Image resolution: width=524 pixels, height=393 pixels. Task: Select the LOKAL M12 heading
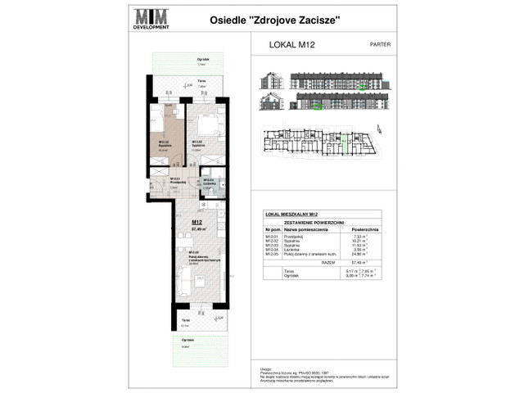click(x=291, y=47)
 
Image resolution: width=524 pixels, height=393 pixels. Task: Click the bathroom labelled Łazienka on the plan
click(x=210, y=185)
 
